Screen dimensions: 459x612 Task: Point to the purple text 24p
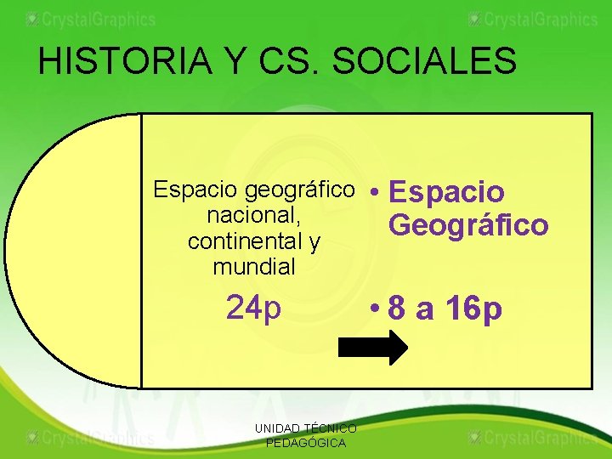[x=253, y=309]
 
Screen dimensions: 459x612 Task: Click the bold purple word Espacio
[x=447, y=193]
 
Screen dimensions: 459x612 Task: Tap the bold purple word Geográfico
[x=468, y=225]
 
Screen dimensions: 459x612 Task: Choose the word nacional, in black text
[x=253, y=216]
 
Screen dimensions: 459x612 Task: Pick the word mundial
[x=253, y=267]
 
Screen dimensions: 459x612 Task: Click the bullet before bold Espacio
[x=375, y=193]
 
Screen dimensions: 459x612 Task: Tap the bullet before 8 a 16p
[x=375, y=309]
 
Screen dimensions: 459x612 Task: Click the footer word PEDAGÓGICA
[x=306, y=443]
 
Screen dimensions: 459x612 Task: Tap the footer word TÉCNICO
[x=336, y=428]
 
